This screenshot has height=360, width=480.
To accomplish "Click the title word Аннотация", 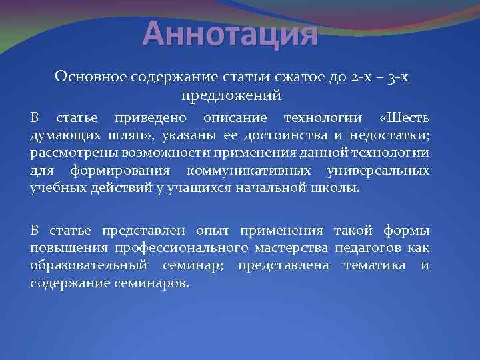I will (x=231, y=33).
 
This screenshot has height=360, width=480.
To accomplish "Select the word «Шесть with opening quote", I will (x=404, y=119).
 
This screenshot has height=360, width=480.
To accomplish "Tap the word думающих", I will (x=62, y=136).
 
